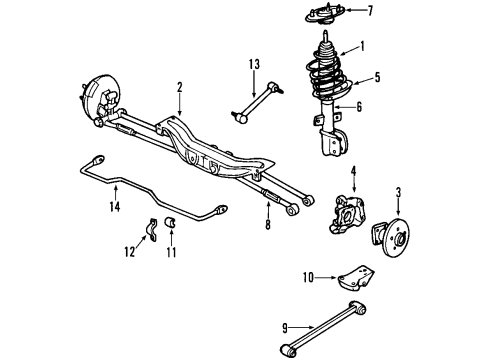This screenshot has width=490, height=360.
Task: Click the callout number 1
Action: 362,45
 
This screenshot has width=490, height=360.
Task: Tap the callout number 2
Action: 179,88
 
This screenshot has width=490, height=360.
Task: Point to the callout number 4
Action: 352,171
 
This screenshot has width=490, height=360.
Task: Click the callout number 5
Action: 377,77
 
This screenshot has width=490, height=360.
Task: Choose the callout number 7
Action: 370,11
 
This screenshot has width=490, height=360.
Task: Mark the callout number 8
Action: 268,225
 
